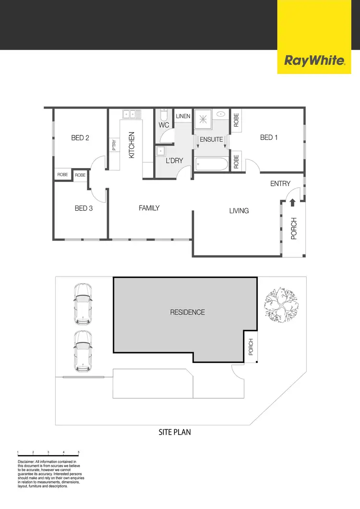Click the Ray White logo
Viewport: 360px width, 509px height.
click(315, 61)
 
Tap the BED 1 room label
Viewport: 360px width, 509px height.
click(269, 137)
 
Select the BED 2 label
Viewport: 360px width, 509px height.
click(80, 138)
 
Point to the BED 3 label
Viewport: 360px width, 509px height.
click(84, 208)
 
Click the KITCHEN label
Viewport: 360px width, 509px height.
click(132, 145)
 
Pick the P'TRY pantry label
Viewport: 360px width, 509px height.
click(114, 145)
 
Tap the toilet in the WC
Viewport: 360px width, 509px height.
click(163, 116)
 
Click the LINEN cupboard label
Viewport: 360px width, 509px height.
click(183, 116)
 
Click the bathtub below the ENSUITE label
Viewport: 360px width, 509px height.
click(211, 165)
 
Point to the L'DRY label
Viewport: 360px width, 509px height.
click(174, 161)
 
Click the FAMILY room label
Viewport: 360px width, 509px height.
click(149, 208)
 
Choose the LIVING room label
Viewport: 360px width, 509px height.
click(239, 210)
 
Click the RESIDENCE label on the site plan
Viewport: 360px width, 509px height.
click(187, 312)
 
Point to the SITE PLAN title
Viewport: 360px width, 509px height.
click(175, 432)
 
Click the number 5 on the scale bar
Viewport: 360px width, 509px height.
click(79, 452)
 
